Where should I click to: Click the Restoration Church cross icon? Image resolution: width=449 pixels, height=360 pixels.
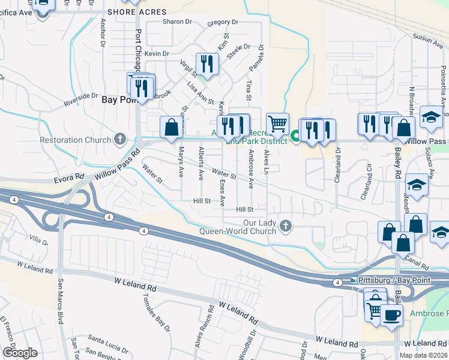point(120,140)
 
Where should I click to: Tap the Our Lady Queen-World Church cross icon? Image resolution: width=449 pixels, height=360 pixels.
point(286,226)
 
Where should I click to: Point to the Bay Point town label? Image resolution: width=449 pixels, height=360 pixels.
point(118,100)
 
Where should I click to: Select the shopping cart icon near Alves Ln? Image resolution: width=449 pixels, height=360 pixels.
point(277,124)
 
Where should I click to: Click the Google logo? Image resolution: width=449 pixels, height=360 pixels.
point(20,353)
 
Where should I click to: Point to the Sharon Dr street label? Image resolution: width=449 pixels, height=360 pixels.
point(176,22)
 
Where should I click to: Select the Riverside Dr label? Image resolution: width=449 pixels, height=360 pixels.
point(81,100)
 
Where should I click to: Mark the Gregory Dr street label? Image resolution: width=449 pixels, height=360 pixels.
point(222,23)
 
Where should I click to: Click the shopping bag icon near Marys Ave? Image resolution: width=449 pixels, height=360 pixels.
point(171,127)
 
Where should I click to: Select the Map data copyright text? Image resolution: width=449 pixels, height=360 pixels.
point(423,355)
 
